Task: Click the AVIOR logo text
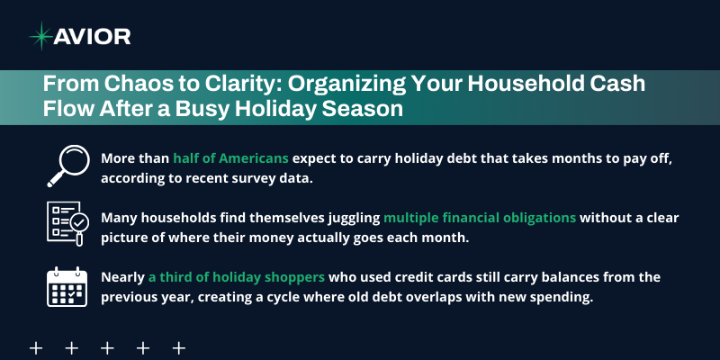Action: click(x=93, y=37)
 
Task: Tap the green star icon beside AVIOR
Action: click(x=41, y=37)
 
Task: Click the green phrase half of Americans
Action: click(x=231, y=157)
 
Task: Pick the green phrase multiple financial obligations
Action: click(x=481, y=217)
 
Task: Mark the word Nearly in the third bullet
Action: click(x=122, y=277)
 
